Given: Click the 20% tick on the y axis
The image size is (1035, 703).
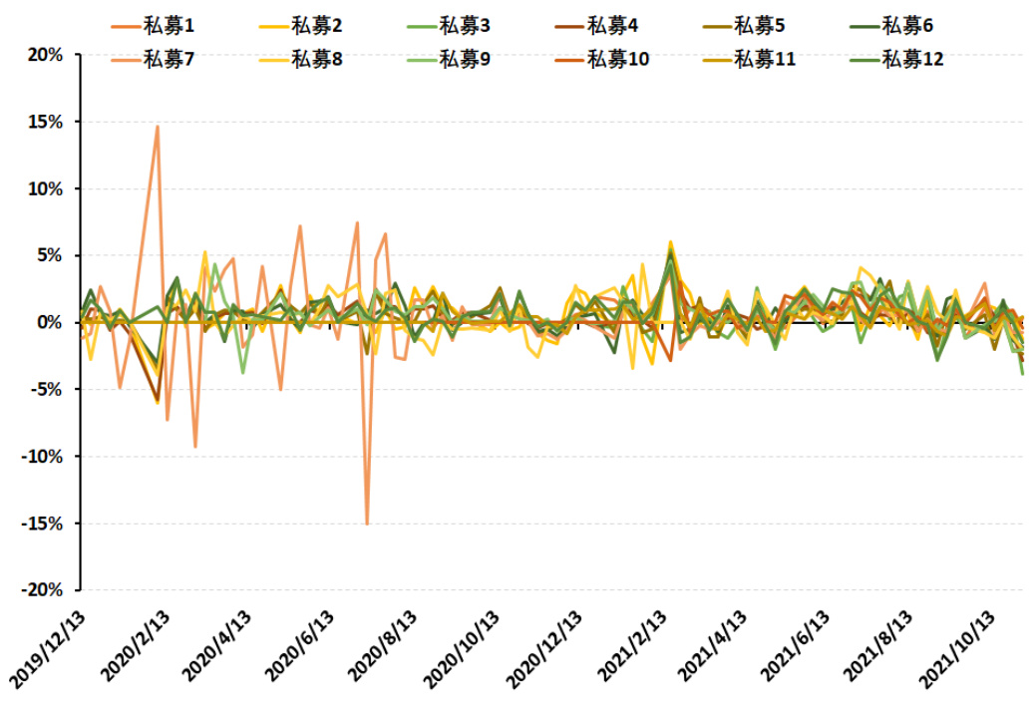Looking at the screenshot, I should click(x=44, y=55).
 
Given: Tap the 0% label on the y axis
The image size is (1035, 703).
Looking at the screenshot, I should click(x=50, y=322).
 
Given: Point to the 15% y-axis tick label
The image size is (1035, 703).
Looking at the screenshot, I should click(x=44, y=122).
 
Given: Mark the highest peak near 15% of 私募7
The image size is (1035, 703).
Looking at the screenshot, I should click(x=157, y=127).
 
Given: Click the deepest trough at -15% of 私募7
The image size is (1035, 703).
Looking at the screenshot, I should click(x=367, y=524).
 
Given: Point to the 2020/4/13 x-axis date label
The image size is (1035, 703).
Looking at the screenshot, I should click(x=216, y=649).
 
